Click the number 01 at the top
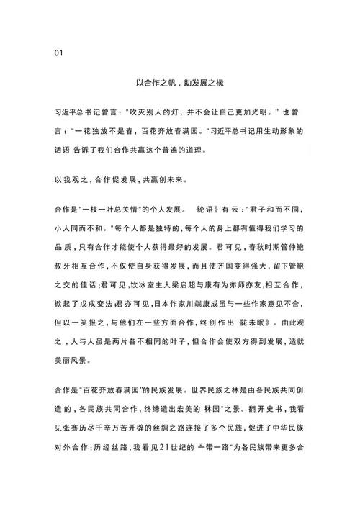[x=59, y=53]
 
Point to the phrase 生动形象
[x=284, y=132]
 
